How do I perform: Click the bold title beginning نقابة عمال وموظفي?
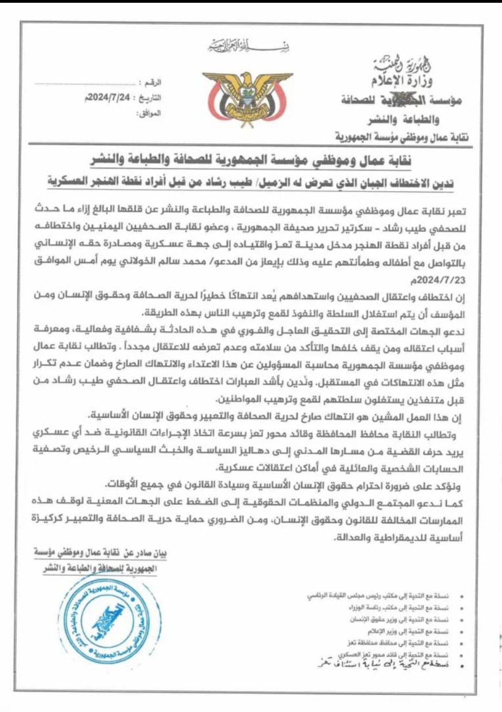[x=250, y=159]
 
